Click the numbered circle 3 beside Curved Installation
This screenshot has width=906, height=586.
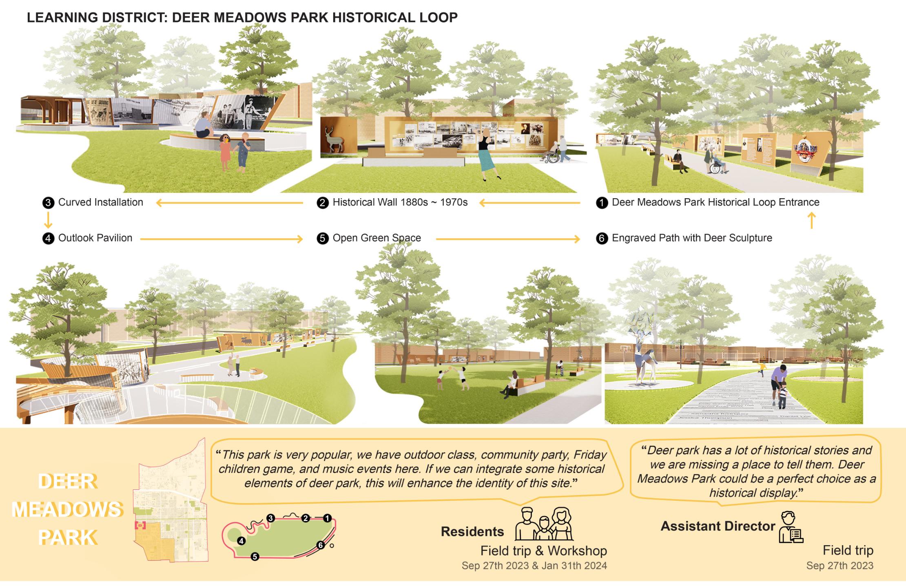[48, 203]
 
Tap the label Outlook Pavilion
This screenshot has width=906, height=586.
[95, 238]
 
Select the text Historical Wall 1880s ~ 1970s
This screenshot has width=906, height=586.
[400, 202]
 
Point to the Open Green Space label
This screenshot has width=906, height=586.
[377, 238]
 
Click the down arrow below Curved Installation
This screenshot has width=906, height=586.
[48, 220]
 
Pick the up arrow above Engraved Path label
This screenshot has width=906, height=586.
[811, 220]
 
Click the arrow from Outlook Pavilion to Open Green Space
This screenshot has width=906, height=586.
[222, 239]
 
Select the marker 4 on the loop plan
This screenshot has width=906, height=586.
[241, 541]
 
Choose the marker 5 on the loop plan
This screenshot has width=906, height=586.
[255, 556]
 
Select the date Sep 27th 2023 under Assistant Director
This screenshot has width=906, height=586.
[840, 566]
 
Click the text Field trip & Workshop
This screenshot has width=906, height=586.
[543, 551]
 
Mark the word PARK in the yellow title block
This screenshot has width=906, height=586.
[68, 537]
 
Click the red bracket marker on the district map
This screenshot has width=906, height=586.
[140, 526]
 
